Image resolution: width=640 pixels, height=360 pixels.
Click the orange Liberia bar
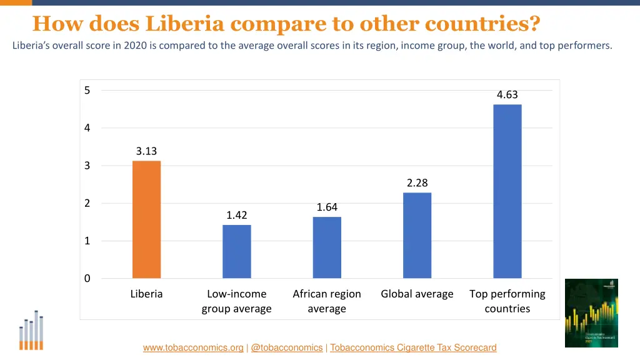click(x=146, y=219)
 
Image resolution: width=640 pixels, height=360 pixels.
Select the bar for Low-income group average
click(x=237, y=251)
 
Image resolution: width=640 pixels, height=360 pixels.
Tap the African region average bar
click(x=327, y=247)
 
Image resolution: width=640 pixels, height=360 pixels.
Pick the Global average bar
click(x=417, y=235)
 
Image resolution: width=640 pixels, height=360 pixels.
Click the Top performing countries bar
click(x=507, y=191)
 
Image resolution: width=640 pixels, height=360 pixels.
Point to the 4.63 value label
click(x=507, y=95)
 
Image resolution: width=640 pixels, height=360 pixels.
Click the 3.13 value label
click(x=146, y=151)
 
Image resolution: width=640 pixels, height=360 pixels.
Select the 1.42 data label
click(x=237, y=216)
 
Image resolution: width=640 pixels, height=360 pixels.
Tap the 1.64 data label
click(x=327, y=207)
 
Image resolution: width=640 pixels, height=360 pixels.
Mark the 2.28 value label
click(x=417, y=183)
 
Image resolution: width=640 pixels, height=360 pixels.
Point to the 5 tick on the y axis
click(x=87, y=91)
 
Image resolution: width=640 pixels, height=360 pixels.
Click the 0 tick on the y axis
click(x=87, y=279)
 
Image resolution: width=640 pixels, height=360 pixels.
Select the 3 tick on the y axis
click(x=87, y=166)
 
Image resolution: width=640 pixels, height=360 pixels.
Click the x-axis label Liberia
click(x=146, y=294)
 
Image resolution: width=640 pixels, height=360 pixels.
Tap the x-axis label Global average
click(x=417, y=294)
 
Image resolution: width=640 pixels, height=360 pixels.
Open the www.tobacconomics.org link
click(x=193, y=347)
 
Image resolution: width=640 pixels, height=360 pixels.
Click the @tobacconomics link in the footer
click(x=286, y=347)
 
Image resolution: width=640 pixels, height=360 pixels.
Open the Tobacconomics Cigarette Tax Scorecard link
click(x=413, y=347)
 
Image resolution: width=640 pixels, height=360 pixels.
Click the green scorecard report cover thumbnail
click(x=591, y=313)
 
